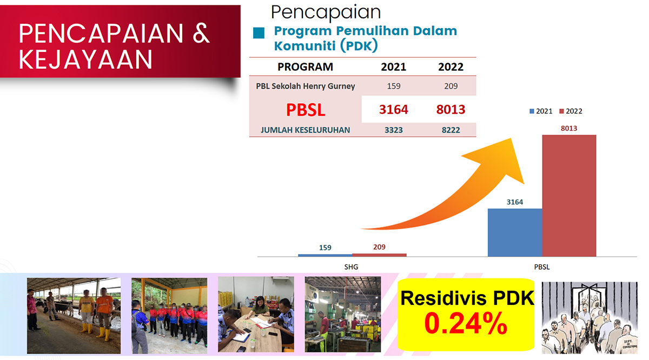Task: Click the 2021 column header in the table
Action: pyautogui.click(x=394, y=67)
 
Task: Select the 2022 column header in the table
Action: pyautogui.click(x=451, y=67)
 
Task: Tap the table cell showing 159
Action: pyautogui.click(x=394, y=86)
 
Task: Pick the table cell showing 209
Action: pyautogui.click(x=451, y=86)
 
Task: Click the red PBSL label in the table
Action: pyautogui.click(x=306, y=110)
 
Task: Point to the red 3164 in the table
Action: pyautogui.click(x=394, y=110)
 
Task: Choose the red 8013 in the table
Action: pyautogui.click(x=451, y=110)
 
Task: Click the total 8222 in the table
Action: pyautogui.click(x=451, y=130)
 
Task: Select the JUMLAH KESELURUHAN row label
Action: pyautogui.click(x=306, y=130)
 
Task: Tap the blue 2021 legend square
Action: pyautogui.click(x=532, y=111)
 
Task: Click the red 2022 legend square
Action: pyautogui.click(x=561, y=111)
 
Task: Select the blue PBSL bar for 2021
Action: pyautogui.click(x=515, y=232)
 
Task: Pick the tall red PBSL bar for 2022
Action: pyautogui.click(x=569, y=196)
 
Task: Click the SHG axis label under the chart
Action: pyautogui.click(x=351, y=267)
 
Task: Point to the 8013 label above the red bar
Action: pyautogui.click(x=569, y=128)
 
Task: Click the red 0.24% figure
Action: pyautogui.click(x=466, y=323)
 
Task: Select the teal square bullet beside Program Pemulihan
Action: pyautogui.click(x=259, y=33)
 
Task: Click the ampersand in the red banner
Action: pyautogui.click(x=201, y=34)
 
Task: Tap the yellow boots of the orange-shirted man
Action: pyautogui.click(x=104, y=334)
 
